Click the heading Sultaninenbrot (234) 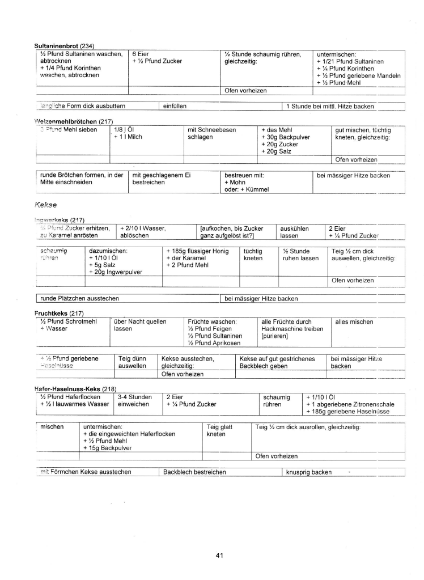(64, 45)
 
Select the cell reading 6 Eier (142, 54)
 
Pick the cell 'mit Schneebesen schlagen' (203, 134)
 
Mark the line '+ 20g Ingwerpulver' (116, 272)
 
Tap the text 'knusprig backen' (309, 472)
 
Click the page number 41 (220, 556)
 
